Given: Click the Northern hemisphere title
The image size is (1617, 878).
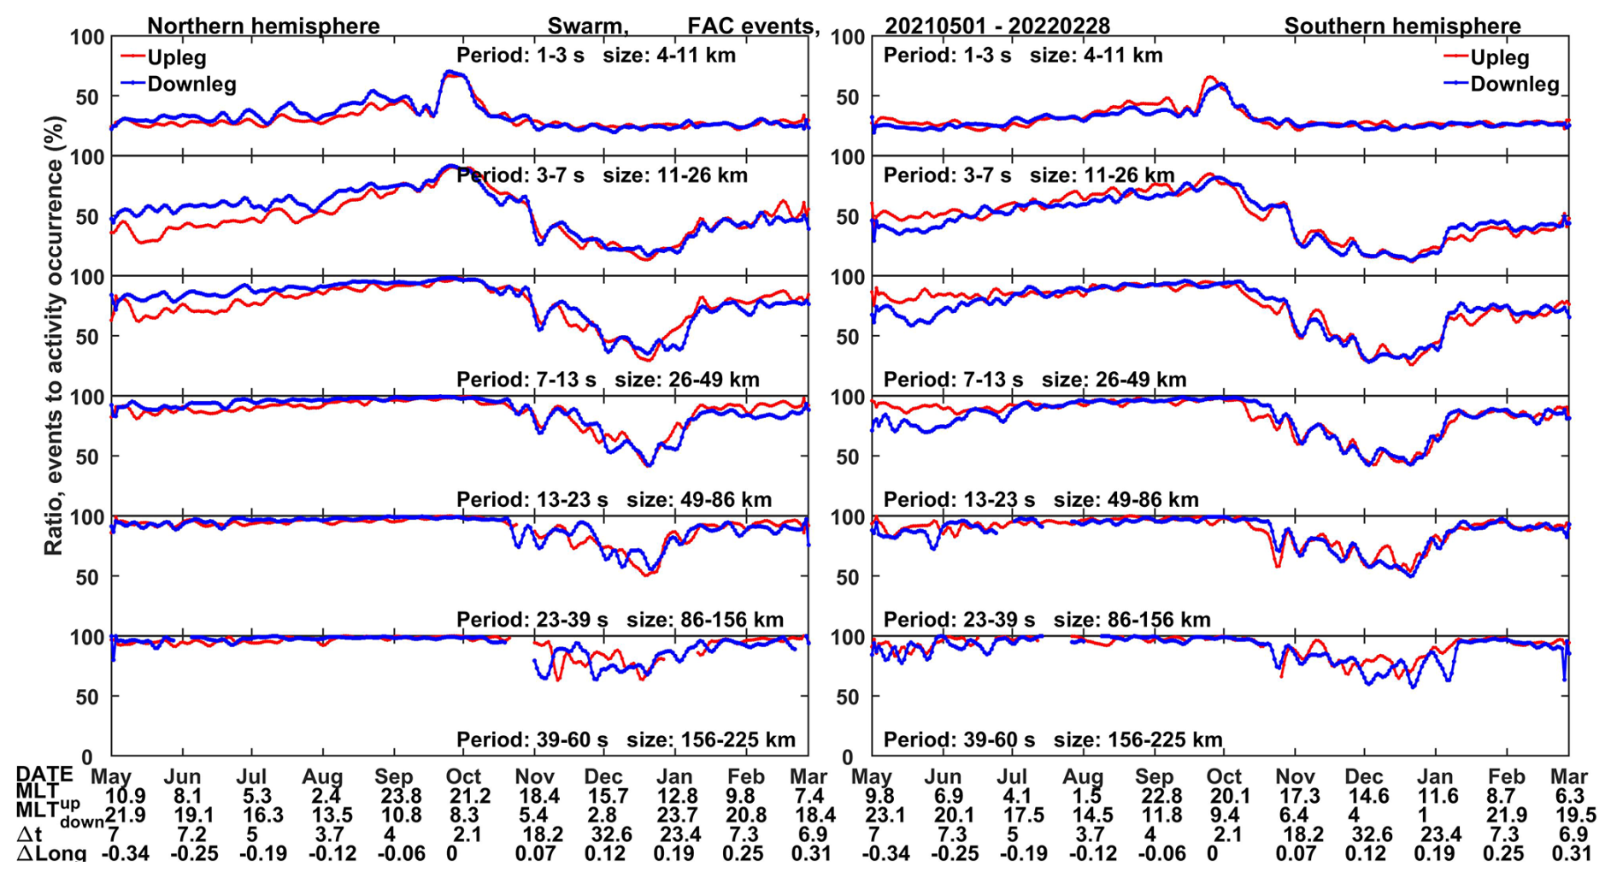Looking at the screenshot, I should click(x=263, y=26).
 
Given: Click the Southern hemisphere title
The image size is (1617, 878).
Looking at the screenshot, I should click(x=1402, y=26).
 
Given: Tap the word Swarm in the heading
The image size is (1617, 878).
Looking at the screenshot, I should click(x=587, y=26).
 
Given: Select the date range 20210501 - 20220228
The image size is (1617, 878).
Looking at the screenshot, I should click(x=997, y=26).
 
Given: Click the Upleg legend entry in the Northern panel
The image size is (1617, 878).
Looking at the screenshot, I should click(x=176, y=57).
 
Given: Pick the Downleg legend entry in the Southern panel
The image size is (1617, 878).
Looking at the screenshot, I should click(x=1514, y=84).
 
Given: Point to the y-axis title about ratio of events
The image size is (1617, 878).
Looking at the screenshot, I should click(x=54, y=335).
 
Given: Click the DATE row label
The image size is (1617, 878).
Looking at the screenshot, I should click(x=44, y=775).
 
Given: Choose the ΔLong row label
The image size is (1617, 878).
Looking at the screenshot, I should click(x=51, y=853).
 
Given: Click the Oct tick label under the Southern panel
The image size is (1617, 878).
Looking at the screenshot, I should click(x=1224, y=776).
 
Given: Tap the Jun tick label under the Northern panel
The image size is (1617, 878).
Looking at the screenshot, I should click(x=182, y=776).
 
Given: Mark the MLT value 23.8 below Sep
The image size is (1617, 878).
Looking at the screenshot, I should click(x=395, y=796).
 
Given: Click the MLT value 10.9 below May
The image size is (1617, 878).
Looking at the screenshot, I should click(x=125, y=796).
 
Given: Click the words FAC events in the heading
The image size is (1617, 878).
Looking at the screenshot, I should click(x=753, y=26).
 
